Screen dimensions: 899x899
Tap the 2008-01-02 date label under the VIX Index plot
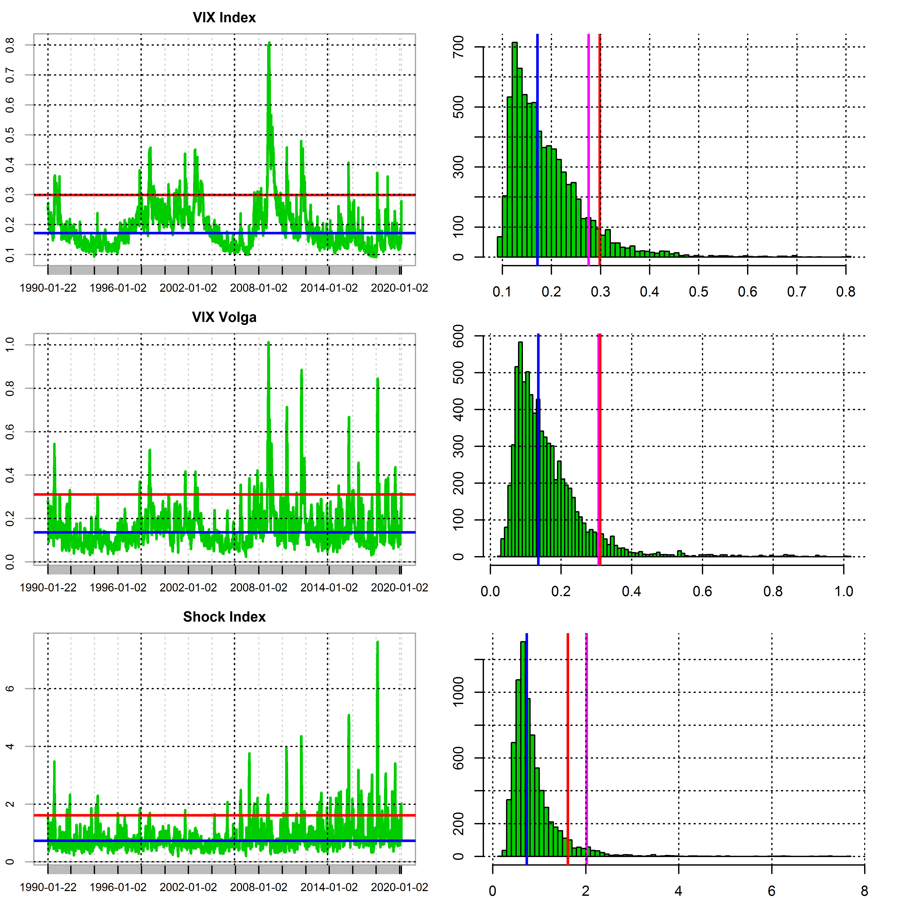click(259, 288)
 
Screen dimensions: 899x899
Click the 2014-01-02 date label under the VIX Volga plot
click(329, 588)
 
